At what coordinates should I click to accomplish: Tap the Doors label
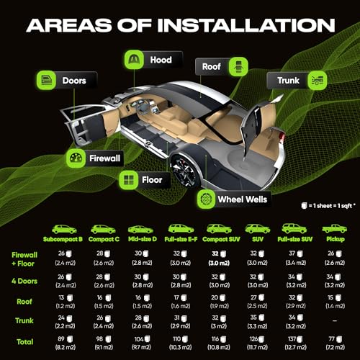74,81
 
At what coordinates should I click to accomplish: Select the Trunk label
287,81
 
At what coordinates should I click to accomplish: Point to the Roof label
210,66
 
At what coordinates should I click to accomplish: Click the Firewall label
104,157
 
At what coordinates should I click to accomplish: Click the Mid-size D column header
142,238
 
